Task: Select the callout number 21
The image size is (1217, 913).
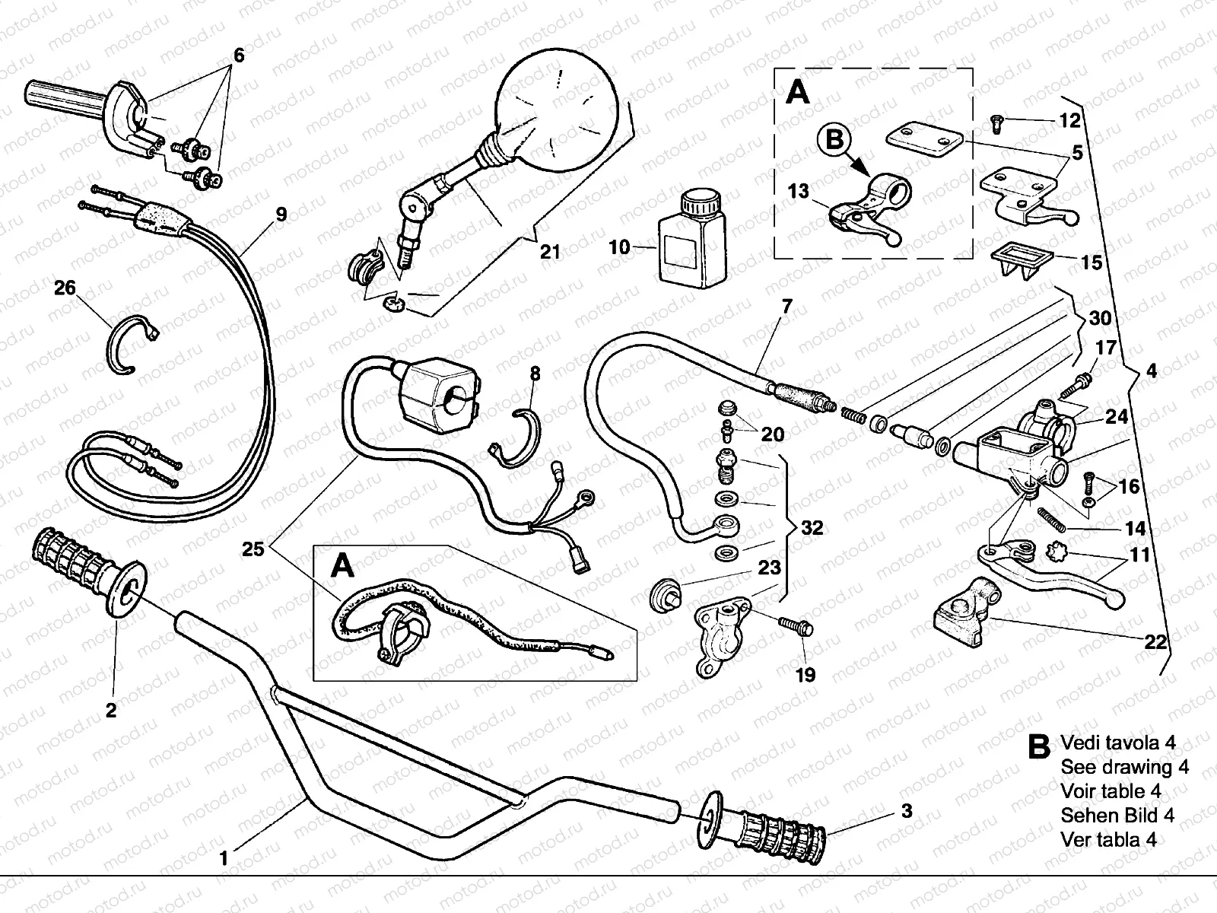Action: point(549,251)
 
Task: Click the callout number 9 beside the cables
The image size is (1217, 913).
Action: point(281,215)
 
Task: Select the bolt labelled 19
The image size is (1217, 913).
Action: point(796,626)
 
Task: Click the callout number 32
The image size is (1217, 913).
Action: point(812,527)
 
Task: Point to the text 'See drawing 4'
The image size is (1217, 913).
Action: point(1124,767)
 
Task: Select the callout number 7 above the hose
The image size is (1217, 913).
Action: point(786,307)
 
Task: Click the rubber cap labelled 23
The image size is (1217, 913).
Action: point(666,592)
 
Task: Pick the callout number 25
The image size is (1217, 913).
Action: point(253,549)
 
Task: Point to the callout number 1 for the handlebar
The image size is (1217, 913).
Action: point(224,859)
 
